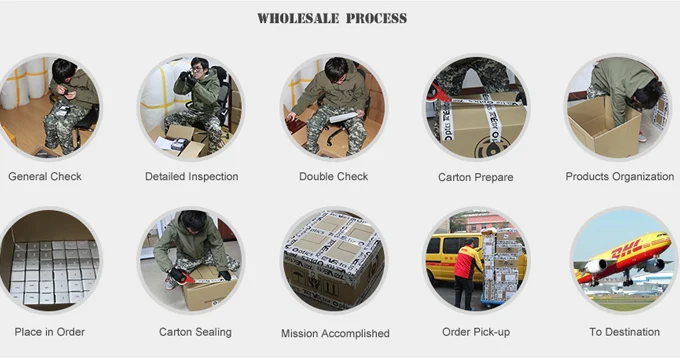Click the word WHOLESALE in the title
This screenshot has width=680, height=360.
point(298,19)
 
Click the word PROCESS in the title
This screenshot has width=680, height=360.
point(376,19)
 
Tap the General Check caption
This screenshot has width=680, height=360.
point(45,177)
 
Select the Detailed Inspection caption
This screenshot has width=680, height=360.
point(192,177)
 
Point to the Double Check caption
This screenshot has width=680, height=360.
point(333,177)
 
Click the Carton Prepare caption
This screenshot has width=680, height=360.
point(476,177)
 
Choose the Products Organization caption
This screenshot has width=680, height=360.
point(620,177)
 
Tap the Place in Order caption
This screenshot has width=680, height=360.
point(49,332)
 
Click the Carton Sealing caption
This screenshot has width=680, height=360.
point(195,332)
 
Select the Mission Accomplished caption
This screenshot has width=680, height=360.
point(335,334)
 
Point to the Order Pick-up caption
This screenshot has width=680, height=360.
point(476,332)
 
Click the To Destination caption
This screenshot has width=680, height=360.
point(624,332)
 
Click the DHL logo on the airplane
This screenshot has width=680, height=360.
point(626,250)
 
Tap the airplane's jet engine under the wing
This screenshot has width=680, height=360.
point(596,266)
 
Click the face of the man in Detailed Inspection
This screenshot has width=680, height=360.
point(197,69)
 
